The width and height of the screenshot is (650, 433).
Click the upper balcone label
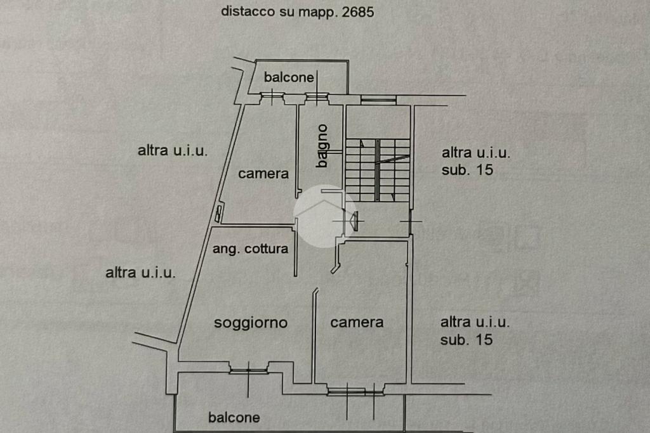point(289,77)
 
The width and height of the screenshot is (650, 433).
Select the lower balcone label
point(234,417)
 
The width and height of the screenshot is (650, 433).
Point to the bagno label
point(322,146)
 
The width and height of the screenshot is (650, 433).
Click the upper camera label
point(263,173)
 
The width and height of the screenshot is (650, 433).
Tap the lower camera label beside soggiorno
point(357,322)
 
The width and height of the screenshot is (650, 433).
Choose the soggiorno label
point(251,323)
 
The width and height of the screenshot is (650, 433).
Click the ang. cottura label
point(250,249)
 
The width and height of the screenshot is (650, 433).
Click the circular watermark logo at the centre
point(324,216)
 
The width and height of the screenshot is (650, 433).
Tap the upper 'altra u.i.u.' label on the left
point(173,151)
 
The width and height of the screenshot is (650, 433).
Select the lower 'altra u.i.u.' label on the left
point(140,273)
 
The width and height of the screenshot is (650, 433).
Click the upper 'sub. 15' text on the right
point(467,170)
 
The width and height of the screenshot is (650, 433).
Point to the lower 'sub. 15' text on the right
point(467,340)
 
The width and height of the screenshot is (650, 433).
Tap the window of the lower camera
point(355,391)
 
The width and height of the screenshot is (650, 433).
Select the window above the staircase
point(378,99)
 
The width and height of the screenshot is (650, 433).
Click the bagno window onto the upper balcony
point(315,97)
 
